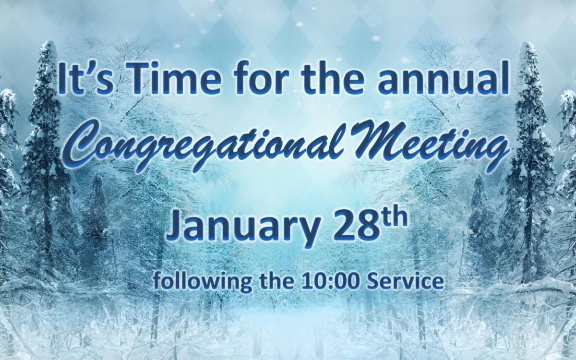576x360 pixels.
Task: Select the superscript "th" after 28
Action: (x=396, y=219)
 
